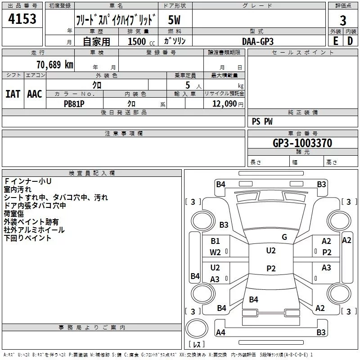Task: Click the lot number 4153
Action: point(22,18)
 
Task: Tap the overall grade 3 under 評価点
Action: point(343,20)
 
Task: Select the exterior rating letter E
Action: point(336,41)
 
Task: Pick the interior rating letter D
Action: point(350,41)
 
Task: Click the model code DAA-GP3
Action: point(258,41)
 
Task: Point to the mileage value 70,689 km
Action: point(55,64)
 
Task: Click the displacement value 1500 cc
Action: point(141,41)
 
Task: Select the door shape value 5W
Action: point(174,20)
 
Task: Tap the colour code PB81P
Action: point(74,104)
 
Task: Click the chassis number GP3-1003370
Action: point(302,143)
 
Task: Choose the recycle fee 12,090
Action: point(224,103)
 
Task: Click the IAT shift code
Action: point(13,94)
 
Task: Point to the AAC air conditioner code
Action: point(35,94)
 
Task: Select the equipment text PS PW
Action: point(262,121)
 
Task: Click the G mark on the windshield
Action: point(284,237)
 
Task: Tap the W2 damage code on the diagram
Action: point(215,252)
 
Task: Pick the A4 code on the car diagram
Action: point(220,332)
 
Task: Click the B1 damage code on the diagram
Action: point(215,241)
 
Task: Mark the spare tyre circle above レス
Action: point(197,328)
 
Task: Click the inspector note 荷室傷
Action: point(14,214)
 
